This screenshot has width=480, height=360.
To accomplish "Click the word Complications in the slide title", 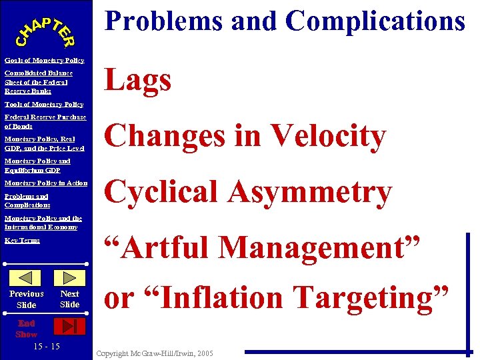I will pos(375,21).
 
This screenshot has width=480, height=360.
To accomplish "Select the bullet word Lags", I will pos(138,81).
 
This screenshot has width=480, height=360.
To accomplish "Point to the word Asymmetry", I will pos(311,192).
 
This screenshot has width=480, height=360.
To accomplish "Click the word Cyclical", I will pos(163,192).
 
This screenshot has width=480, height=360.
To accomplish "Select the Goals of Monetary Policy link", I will pos(44,61).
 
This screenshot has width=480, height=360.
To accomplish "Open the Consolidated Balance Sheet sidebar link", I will pos(38,82).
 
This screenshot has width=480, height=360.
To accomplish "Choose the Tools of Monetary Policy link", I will pos(43,104).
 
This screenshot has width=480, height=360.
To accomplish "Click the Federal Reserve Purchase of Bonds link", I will pos(45,121).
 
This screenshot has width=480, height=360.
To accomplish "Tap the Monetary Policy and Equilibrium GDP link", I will pos(37,165).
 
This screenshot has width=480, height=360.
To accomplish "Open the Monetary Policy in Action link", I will pos(45,183).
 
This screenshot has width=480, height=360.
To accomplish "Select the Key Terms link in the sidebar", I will pos(22,240).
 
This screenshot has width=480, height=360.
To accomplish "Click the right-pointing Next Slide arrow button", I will pos(69,278).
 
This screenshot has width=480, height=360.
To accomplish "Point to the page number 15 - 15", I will pos(46,346).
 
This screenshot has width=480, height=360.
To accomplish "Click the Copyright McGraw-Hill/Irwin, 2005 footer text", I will pos(154,353).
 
